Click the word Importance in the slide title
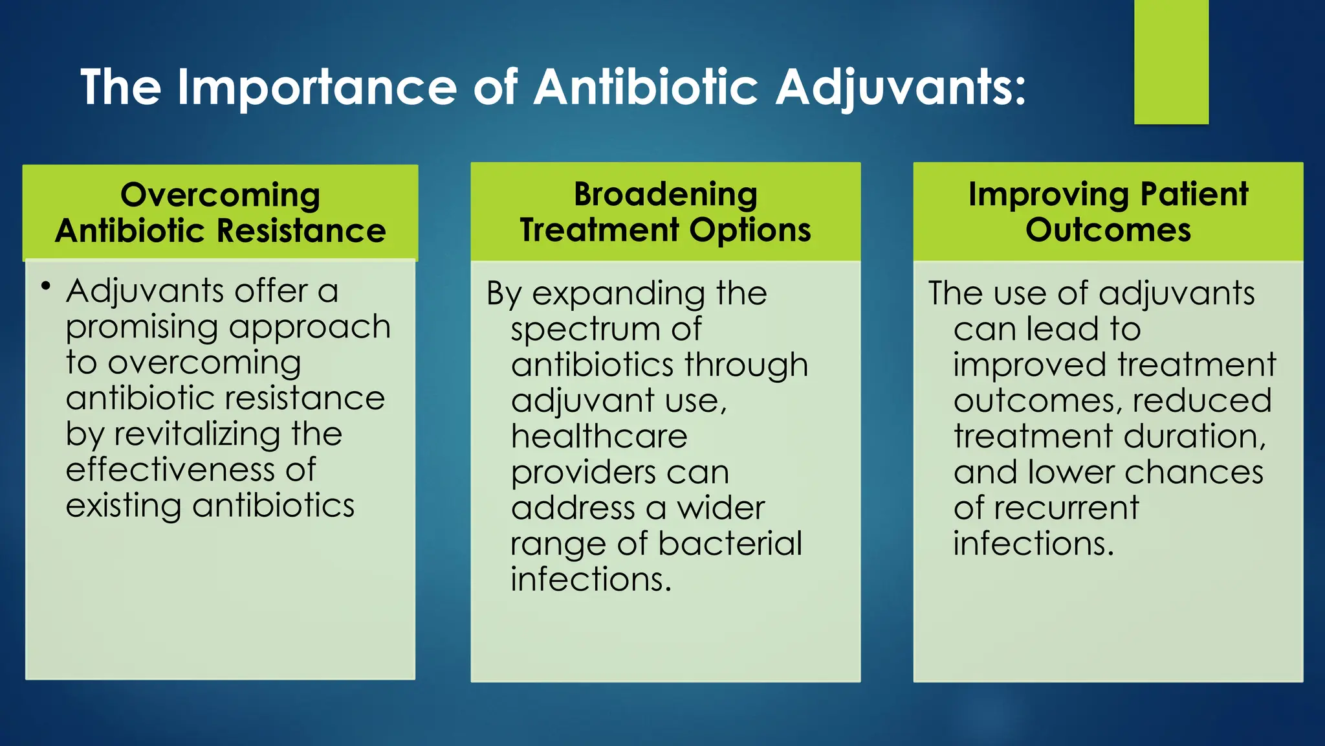tap(317, 87)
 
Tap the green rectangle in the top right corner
tap(1171, 62)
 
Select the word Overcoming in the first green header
tap(220, 196)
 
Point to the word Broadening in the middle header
tap(665, 194)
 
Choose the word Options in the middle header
tap(750, 231)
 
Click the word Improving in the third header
tap(1048, 196)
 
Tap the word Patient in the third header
tap(1194, 194)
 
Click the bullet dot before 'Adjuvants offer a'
tap(45, 286)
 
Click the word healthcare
tap(599, 436)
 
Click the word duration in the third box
tap(1194, 436)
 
